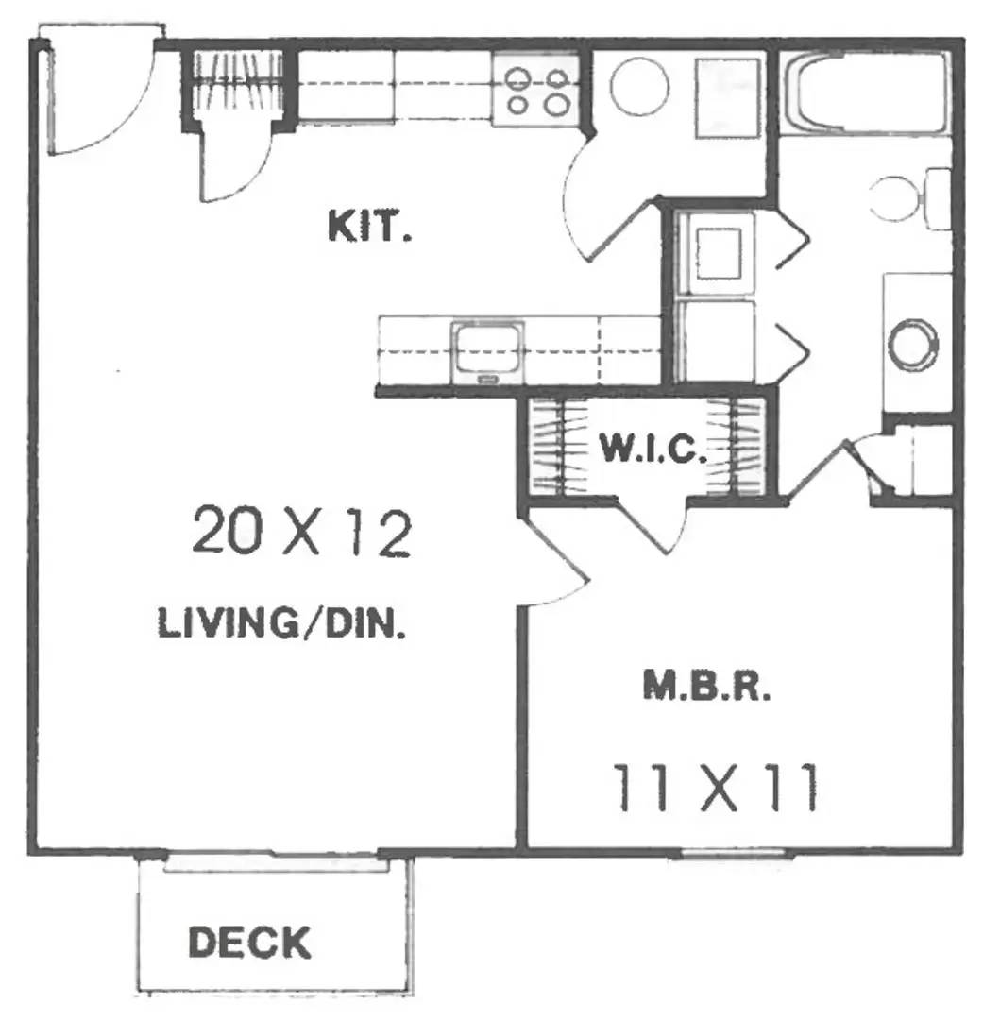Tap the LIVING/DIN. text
click(282, 624)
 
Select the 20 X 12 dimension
click(302, 534)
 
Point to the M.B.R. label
click(706, 687)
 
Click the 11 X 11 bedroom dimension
click(715, 789)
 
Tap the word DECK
click(249, 942)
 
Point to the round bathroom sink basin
click(913, 344)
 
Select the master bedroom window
click(734, 854)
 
